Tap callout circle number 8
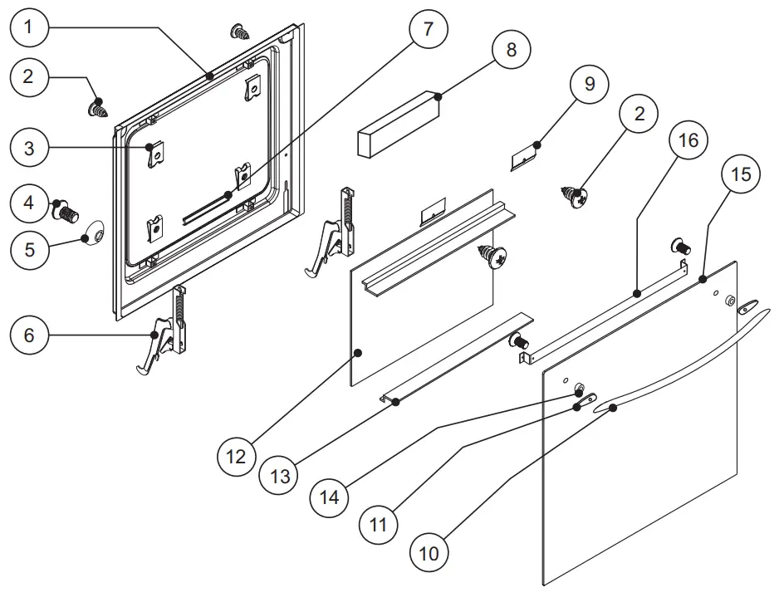[x=512, y=50]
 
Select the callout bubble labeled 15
[x=741, y=174]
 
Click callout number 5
[x=30, y=249]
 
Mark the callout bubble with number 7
[x=429, y=29]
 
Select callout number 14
[x=331, y=497]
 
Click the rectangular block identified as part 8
[x=399, y=122]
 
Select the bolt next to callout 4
[x=67, y=212]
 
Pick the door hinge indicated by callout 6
[x=166, y=336]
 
